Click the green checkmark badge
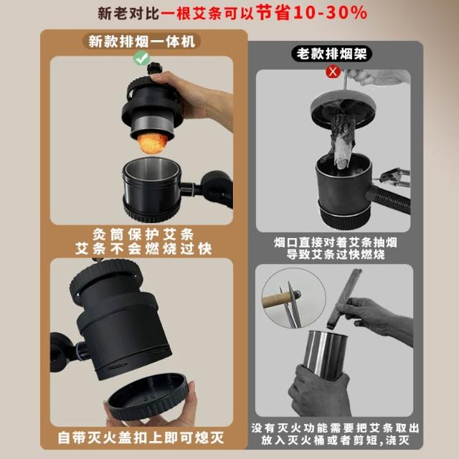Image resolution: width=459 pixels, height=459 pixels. (x=142, y=58)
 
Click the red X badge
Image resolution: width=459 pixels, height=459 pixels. (x=333, y=72)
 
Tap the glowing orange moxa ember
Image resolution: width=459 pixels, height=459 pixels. (x=153, y=143)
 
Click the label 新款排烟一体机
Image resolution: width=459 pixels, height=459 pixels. (x=142, y=42)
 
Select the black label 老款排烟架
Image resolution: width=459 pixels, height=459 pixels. (x=331, y=54)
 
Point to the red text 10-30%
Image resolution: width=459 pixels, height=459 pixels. (x=330, y=13)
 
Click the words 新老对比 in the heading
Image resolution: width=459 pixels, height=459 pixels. (x=128, y=14)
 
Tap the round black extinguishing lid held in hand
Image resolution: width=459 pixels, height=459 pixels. (x=148, y=397)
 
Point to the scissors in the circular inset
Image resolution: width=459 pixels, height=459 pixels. (x=290, y=304)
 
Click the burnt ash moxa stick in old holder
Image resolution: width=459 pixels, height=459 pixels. (x=343, y=141)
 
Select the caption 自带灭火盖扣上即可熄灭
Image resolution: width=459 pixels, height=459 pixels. (x=141, y=437)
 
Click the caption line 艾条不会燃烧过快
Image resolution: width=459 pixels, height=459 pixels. (x=143, y=249)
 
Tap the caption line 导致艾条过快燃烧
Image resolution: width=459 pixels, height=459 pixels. (x=336, y=254)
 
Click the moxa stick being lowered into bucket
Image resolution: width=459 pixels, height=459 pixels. (x=344, y=299)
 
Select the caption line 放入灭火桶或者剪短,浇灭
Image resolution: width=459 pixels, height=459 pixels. (x=335, y=440)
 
